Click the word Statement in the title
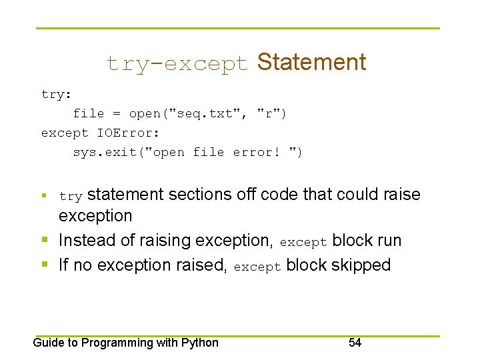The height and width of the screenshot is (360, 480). coord(311,62)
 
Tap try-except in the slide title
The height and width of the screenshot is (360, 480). coord(177,63)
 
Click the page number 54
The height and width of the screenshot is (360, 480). coord(355,343)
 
